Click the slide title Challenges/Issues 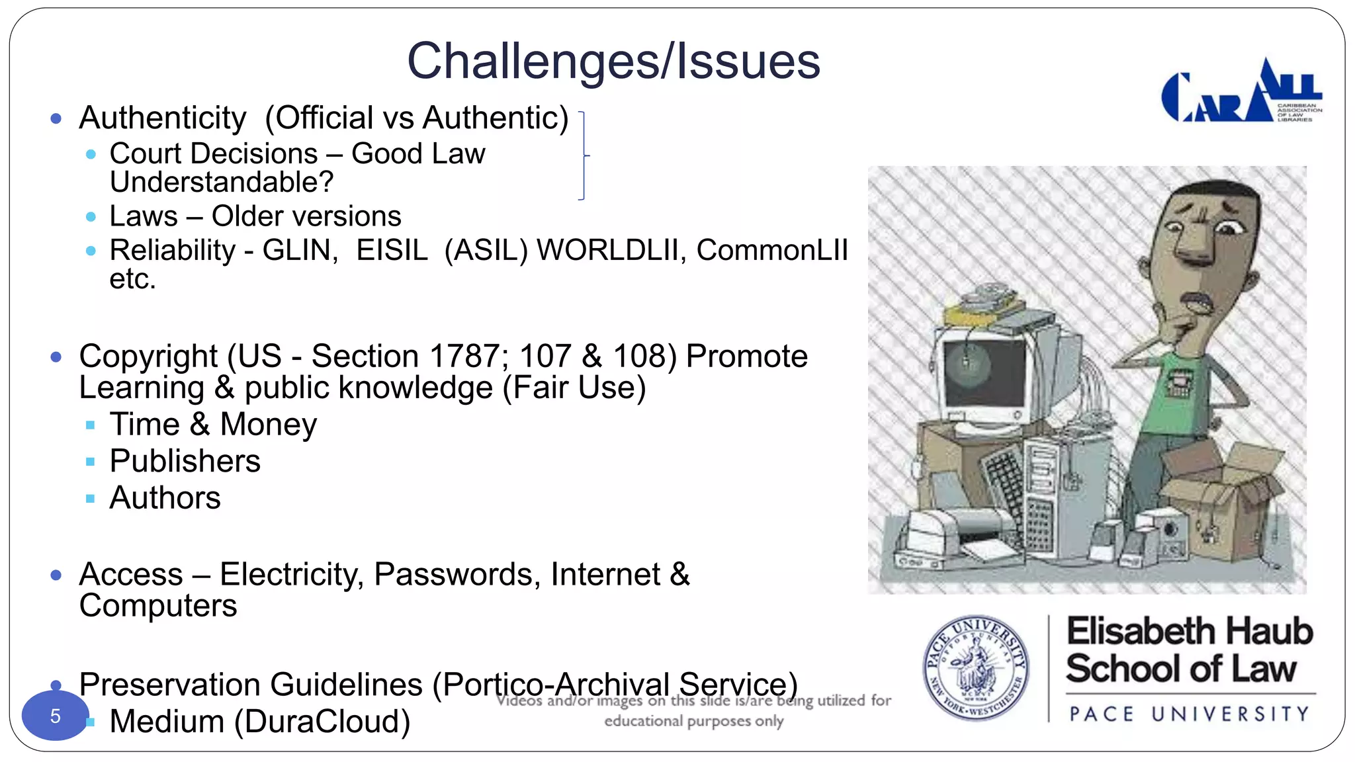613,61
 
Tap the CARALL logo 1241,93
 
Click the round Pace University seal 975,667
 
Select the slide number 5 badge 55,716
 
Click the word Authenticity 163,118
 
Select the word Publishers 185,461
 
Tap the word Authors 165,498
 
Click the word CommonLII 771,251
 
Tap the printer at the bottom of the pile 953,536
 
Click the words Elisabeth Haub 1190,631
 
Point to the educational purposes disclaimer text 693,710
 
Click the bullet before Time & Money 91,425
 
